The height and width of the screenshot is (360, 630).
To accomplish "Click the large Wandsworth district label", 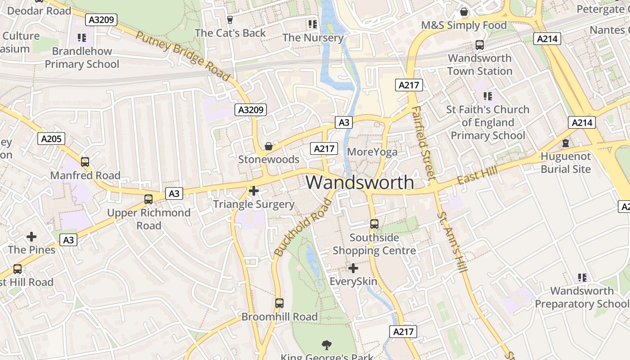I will pyautogui.click(x=360, y=182).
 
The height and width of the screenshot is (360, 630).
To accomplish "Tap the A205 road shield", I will pyautogui.click(x=51, y=139).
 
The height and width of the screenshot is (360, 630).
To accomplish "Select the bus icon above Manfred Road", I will pyautogui.click(x=85, y=162).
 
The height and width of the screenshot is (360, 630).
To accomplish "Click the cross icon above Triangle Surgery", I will pyautogui.click(x=254, y=191).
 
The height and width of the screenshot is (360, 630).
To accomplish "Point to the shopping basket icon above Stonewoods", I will pyautogui.click(x=269, y=146).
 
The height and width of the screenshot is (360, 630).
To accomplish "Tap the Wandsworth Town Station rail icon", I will pyautogui.click(x=480, y=45).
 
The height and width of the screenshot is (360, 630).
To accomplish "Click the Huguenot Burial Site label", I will pyautogui.click(x=566, y=163).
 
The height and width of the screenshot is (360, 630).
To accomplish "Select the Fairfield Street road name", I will pyautogui.click(x=423, y=143).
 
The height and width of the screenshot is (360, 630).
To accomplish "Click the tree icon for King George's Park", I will pyautogui.click(x=327, y=345).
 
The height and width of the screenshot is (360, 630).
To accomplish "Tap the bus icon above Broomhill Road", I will pyautogui.click(x=279, y=303).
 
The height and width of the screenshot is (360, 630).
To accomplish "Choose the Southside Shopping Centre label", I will pyautogui.click(x=374, y=244).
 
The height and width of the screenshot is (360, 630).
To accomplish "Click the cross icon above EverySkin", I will pyautogui.click(x=353, y=269).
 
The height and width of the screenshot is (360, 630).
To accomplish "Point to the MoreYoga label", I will pyautogui.click(x=372, y=152).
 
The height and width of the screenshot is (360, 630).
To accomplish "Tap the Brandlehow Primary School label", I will pyautogui.click(x=82, y=58).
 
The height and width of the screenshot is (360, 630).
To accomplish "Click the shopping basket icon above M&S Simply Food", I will pyautogui.click(x=464, y=12).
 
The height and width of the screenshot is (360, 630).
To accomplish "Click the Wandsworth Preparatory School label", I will pyautogui.click(x=582, y=297).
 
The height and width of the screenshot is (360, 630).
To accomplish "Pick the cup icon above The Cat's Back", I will pyautogui.click(x=230, y=20).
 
